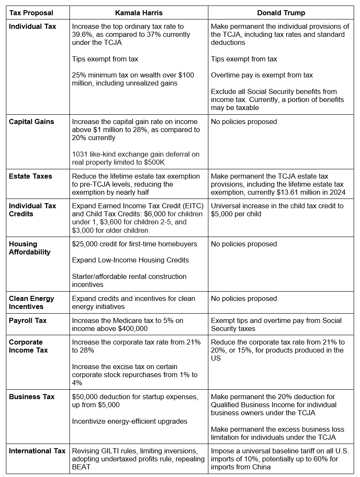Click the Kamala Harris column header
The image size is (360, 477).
pos(138,13)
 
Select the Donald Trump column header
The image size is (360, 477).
pos(280,13)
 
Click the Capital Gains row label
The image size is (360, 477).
pos(31,122)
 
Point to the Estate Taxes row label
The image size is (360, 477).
pos(30,176)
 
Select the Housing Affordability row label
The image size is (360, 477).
pos(30,248)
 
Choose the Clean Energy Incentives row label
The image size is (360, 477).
pos(32,303)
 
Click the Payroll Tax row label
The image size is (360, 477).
pos(28,321)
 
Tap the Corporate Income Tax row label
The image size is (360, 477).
pos(28,346)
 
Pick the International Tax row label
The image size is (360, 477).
pos(37,451)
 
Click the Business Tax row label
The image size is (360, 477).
pos(32,397)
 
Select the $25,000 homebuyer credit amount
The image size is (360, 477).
pos(85,244)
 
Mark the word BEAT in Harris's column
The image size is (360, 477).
pos(81,467)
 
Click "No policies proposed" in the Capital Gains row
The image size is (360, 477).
pos(244,122)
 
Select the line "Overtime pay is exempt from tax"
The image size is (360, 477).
pos(262,75)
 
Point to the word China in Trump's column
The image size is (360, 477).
pos(260,467)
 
